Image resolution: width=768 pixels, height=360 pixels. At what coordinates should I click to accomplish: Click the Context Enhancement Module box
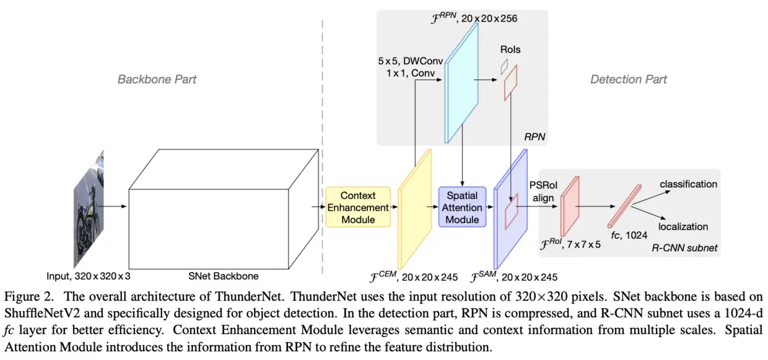pyautogui.click(x=359, y=207)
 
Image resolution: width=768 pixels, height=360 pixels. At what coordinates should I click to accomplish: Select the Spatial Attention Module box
pyautogui.click(x=462, y=207)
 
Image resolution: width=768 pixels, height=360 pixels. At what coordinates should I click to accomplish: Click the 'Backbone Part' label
pyautogui.click(x=157, y=79)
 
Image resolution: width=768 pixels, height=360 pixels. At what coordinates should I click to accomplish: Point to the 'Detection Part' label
pyautogui.click(x=628, y=79)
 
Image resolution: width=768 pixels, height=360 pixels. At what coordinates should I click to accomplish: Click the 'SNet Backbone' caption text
pyautogui.click(x=224, y=276)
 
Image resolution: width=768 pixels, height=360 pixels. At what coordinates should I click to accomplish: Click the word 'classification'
pyautogui.click(x=688, y=184)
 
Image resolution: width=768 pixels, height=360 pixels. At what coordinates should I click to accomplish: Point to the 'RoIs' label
pyautogui.click(x=510, y=50)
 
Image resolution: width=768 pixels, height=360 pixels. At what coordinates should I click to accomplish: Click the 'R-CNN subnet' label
pyautogui.click(x=684, y=248)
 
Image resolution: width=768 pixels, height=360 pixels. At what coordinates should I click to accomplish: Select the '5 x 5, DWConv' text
pyautogui.click(x=408, y=62)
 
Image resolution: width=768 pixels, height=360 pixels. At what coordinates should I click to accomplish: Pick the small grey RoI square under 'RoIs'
pyautogui.click(x=504, y=66)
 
